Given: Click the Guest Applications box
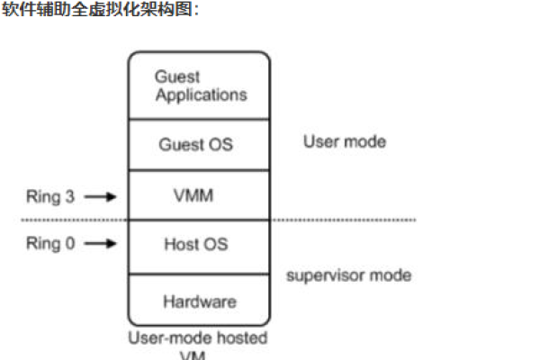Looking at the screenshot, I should pyautogui.click(x=199, y=85).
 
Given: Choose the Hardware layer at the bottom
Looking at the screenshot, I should pyautogui.click(x=199, y=301).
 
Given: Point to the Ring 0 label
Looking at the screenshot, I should pyautogui.click(x=50, y=243).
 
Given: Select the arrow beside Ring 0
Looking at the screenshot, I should pyautogui.click(x=100, y=243).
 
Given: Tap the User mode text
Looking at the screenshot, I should pyautogui.click(x=344, y=141).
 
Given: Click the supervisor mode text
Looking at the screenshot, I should pyautogui.click(x=348, y=274).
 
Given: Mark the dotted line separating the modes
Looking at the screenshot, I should pyautogui.click(x=360, y=219).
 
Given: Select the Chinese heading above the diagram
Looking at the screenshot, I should pyautogui.click(x=98, y=10).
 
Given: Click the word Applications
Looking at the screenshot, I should pyautogui.click(x=201, y=94).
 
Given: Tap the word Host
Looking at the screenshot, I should pyautogui.click(x=184, y=244).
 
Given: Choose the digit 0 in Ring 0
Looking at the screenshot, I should pyautogui.click(x=70, y=243).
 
